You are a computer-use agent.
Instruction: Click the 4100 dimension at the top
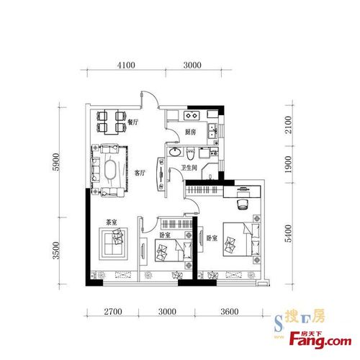[126, 65]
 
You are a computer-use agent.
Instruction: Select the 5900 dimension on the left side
[55, 161]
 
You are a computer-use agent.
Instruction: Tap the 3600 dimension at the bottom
[230, 312]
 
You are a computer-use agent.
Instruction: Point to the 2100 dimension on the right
[288, 125]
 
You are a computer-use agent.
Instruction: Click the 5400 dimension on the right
[288, 233]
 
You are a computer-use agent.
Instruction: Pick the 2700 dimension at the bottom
[113, 312]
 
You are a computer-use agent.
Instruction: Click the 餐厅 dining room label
[133, 122]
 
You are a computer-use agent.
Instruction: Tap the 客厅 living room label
[140, 173]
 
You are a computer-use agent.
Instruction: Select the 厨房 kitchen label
[190, 132]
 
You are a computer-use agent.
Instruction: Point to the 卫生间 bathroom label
[189, 168]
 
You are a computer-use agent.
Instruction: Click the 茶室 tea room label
[112, 222]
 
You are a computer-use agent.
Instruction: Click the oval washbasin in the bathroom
[175, 152]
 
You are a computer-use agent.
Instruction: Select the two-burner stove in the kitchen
[192, 115]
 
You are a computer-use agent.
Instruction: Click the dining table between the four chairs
[111, 122]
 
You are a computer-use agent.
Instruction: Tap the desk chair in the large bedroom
[243, 204]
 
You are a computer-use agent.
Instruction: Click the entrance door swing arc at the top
[153, 98]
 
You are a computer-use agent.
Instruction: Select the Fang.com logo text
[320, 341]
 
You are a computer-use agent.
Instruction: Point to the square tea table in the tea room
[113, 243]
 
